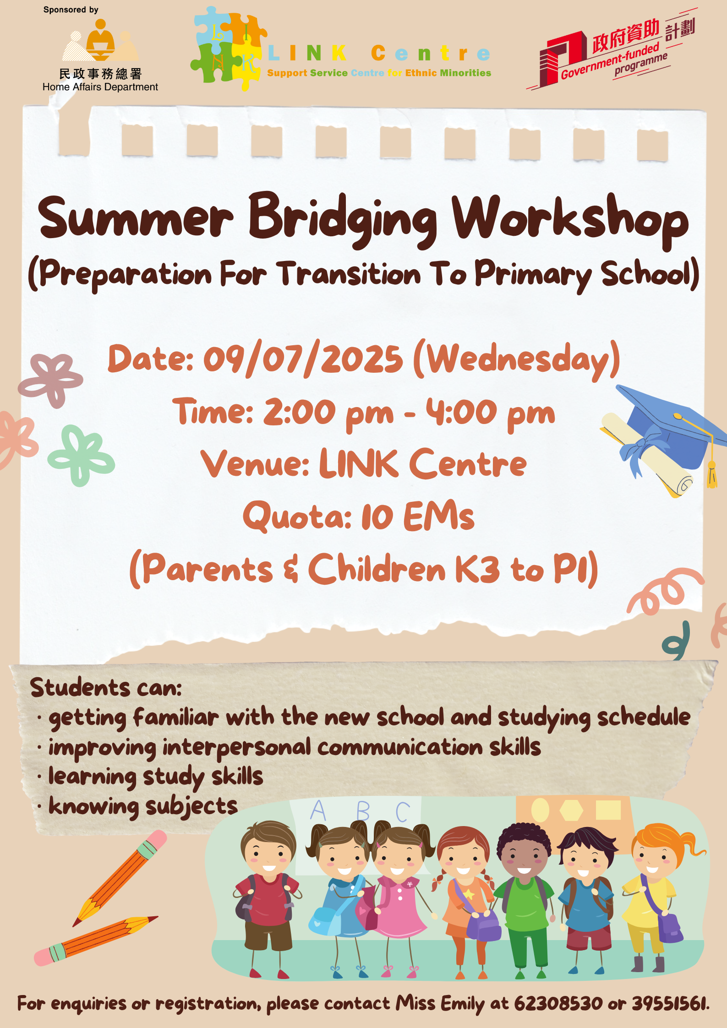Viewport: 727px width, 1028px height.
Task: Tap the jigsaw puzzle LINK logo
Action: [229, 49]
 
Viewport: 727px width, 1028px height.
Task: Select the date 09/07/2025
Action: [303, 359]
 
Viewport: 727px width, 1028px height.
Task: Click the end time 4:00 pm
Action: [490, 413]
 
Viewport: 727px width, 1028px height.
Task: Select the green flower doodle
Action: [81, 456]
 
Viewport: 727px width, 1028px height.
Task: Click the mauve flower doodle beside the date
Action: [50, 380]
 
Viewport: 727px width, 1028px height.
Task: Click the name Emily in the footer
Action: [462, 1004]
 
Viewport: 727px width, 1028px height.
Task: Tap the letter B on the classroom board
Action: [363, 811]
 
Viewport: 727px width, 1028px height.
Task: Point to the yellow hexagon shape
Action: [571, 810]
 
